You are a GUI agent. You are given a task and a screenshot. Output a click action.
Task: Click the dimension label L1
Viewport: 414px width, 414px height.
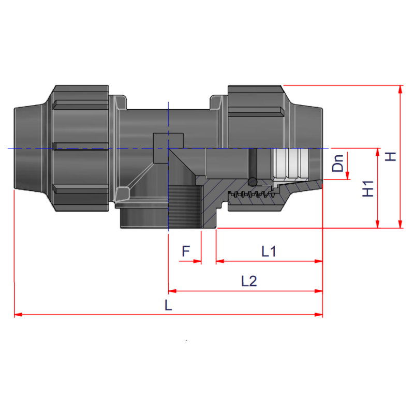[x=269, y=252]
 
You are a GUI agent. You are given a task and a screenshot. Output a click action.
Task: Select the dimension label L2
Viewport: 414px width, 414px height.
[x=249, y=281]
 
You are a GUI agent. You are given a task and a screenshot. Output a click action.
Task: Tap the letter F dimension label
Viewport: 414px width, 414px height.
[x=186, y=252]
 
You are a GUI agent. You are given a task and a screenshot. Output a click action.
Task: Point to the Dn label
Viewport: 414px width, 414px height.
[x=338, y=164]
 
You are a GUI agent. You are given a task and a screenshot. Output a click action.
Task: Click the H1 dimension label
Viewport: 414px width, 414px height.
[x=368, y=189]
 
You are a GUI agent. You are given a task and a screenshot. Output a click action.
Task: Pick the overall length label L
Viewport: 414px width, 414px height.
[x=168, y=305]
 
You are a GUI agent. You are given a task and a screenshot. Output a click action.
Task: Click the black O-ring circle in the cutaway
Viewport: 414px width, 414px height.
[x=253, y=182]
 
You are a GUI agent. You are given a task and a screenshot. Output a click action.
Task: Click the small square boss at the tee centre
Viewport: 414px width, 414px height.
[x=169, y=140]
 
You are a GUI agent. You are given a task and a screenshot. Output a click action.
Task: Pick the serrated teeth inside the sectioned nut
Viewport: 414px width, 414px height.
[x=254, y=195]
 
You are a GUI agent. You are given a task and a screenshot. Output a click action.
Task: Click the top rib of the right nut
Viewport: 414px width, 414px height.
[x=257, y=111]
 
